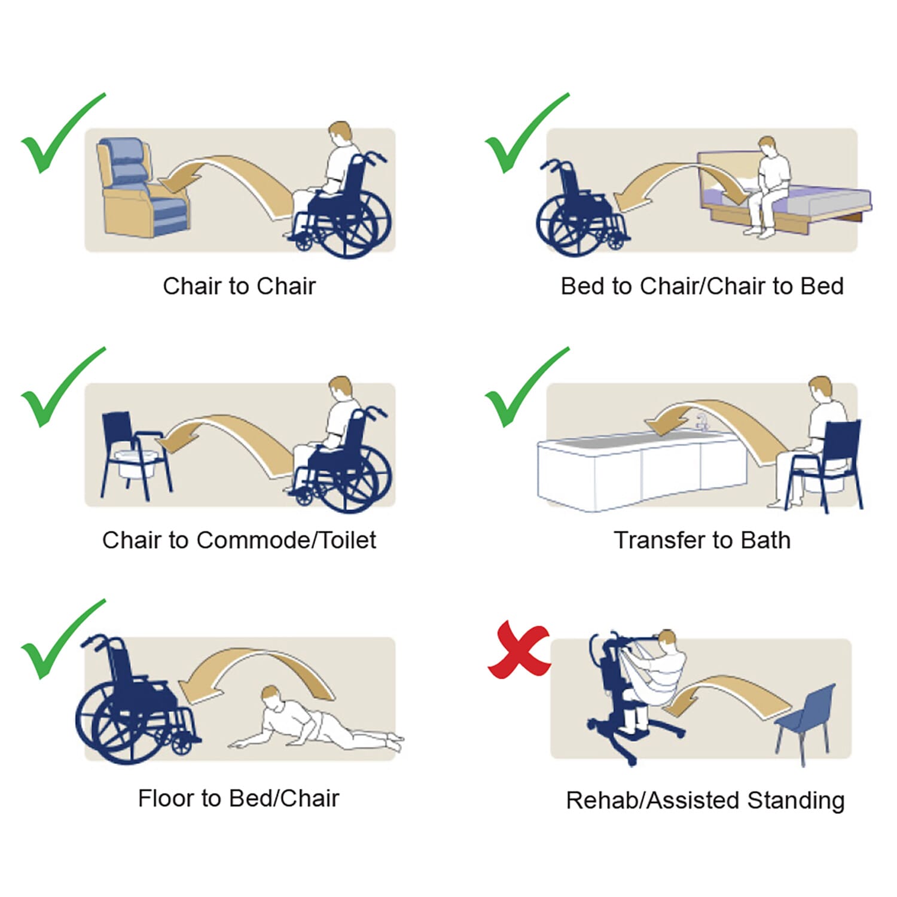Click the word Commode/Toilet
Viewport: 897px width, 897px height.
(286, 540)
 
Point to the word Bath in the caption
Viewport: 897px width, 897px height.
(765, 540)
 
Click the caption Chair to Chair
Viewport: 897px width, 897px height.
(239, 286)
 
